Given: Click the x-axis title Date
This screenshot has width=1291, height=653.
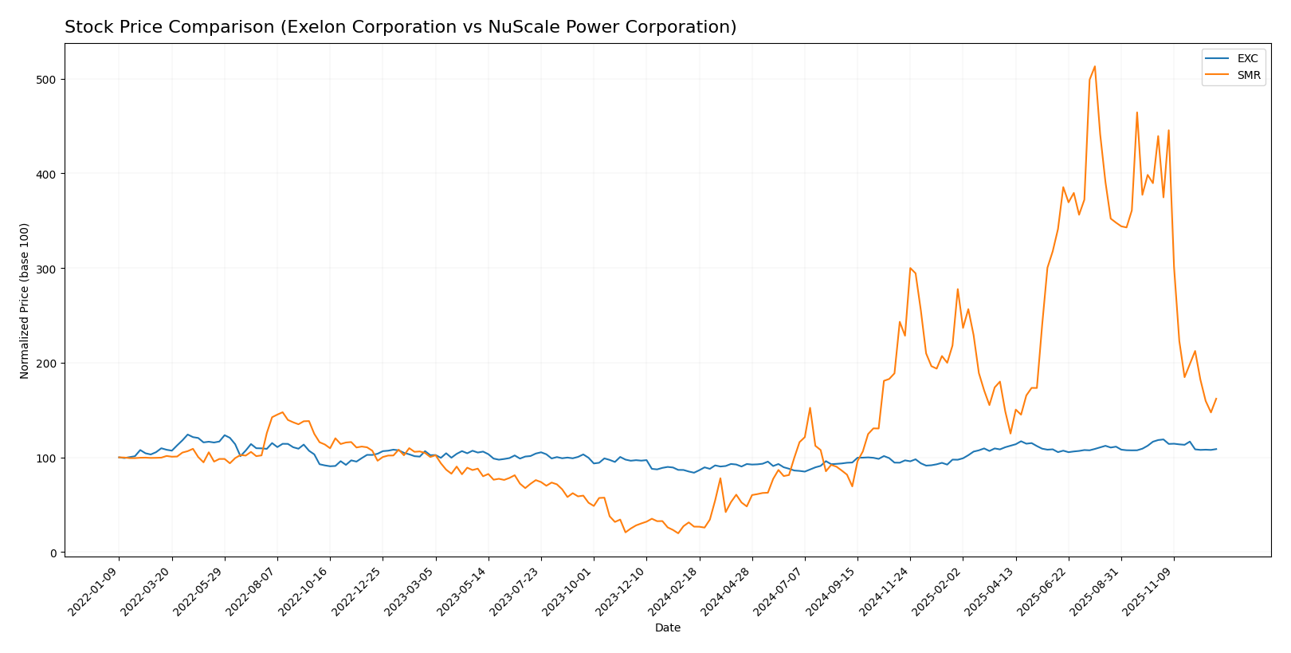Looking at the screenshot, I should (667, 628).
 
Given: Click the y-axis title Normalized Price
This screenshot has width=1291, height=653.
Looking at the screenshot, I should (25, 301).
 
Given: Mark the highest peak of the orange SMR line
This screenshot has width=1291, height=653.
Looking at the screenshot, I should (1095, 66).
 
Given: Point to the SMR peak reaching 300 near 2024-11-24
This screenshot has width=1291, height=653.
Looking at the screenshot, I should (910, 268).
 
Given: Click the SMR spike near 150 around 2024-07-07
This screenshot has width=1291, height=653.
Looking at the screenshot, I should (810, 408).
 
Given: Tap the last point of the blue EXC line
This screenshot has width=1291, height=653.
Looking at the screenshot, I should (1216, 449).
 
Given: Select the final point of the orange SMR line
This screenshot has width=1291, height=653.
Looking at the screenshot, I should (1216, 399).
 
